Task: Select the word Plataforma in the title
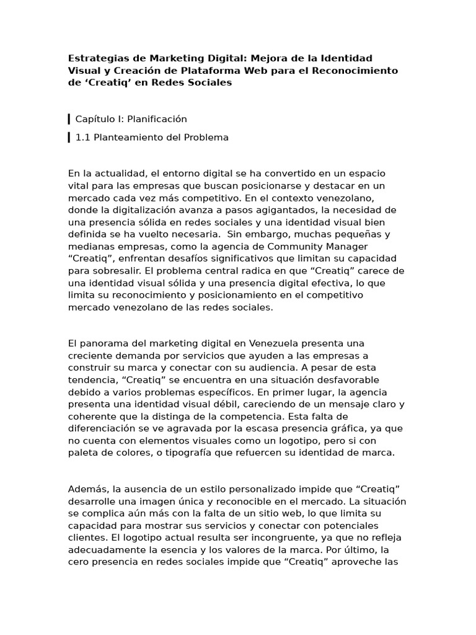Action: pyautogui.click(x=210, y=70)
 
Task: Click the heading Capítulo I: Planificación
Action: pyautogui.click(x=131, y=118)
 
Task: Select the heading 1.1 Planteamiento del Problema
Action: pyautogui.click(x=152, y=137)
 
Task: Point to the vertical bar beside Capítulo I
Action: pyautogui.click(x=69, y=118)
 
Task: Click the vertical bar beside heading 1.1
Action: pyautogui.click(x=69, y=137)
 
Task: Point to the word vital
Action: pyautogui.click(x=78, y=185)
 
